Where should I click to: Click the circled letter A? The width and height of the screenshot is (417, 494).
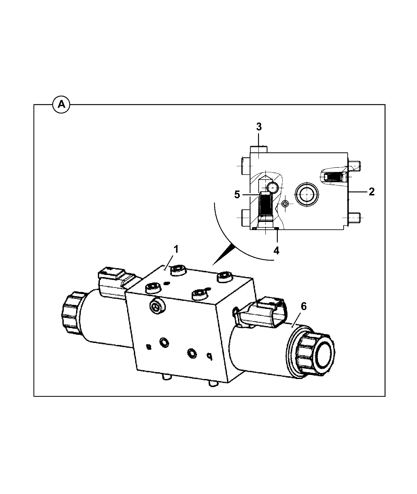(61, 105)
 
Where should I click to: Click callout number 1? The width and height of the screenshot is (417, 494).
(176, 249)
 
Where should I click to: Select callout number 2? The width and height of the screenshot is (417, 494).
(372, 192)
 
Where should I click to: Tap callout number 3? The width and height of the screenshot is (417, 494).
(259, 127)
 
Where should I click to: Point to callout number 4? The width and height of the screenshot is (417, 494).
(276, 250)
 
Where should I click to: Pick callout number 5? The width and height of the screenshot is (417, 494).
(237, 194)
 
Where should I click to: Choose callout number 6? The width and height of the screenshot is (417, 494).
(303, 307)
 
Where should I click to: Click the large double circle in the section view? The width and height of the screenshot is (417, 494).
(306, 194)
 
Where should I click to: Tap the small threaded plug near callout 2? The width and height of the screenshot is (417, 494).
(333, 177)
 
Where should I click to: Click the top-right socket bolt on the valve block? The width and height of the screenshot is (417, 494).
(225, 277)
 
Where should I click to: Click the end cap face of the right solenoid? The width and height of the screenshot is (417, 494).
(324, 358)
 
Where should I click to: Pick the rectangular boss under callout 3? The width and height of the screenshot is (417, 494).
(259, 150)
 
